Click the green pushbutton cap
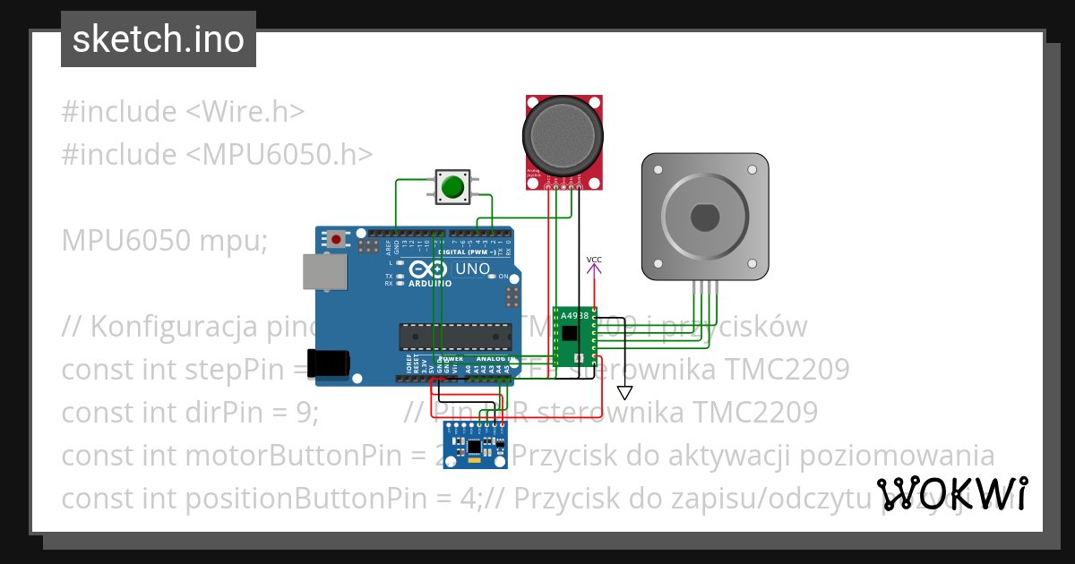pos(453,187)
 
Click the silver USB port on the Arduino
pos(324,271)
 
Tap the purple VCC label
pos(594,260)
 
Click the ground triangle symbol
pos(625,392)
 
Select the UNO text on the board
pos(472,269)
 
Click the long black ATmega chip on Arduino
pos(455,336)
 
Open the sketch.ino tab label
pos(159,39)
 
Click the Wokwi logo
pos(952,493)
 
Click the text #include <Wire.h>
pos(183,112)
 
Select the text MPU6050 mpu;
pos(164,241)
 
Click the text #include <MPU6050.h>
pos(217,154)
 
